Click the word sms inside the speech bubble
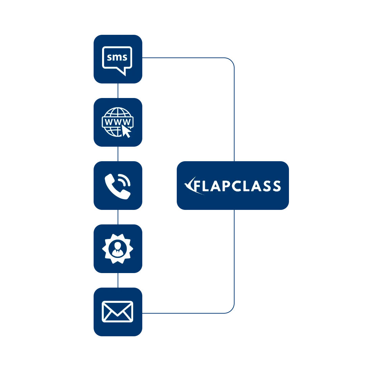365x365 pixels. pos(117,57)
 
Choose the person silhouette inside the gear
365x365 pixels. pos(118,249)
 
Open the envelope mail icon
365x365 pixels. pos(118,311)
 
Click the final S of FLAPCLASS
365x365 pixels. pos(276,186)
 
